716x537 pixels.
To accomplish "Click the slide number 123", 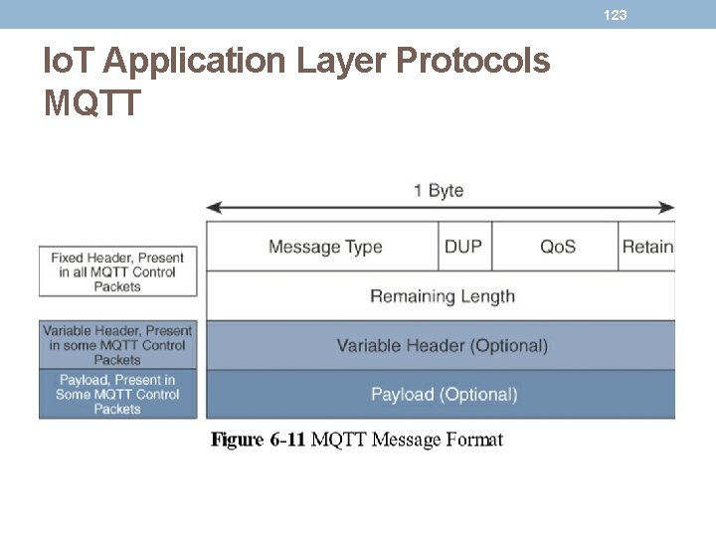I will (x=616, y=15).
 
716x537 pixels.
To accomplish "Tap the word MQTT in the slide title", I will (x=92, y=100).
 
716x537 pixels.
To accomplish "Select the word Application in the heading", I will (x=195, y=62).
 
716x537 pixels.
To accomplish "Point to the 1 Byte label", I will (x=439, y=190).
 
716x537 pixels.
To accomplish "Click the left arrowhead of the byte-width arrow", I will (x=212, y=208).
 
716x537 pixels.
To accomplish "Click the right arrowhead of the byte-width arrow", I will (x=668, y=208).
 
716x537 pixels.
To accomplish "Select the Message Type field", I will (x=324, y=247).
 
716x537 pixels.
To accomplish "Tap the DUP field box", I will (x=463, y=247).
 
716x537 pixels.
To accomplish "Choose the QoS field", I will (x=557, y=247).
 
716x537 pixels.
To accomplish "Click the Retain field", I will (x=646, y=247).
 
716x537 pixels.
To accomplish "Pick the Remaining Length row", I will (x=442, y=296).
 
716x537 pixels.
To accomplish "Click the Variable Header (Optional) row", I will (x=442, y=346).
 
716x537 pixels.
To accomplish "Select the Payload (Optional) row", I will (x=444, y=395).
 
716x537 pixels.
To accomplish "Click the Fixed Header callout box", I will (x=117, y=271).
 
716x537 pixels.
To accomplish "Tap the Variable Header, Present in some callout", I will (x=117, y=345).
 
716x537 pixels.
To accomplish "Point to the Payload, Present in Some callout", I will (x=117, y=394).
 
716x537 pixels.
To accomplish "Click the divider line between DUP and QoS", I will (x=492, y=247).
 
